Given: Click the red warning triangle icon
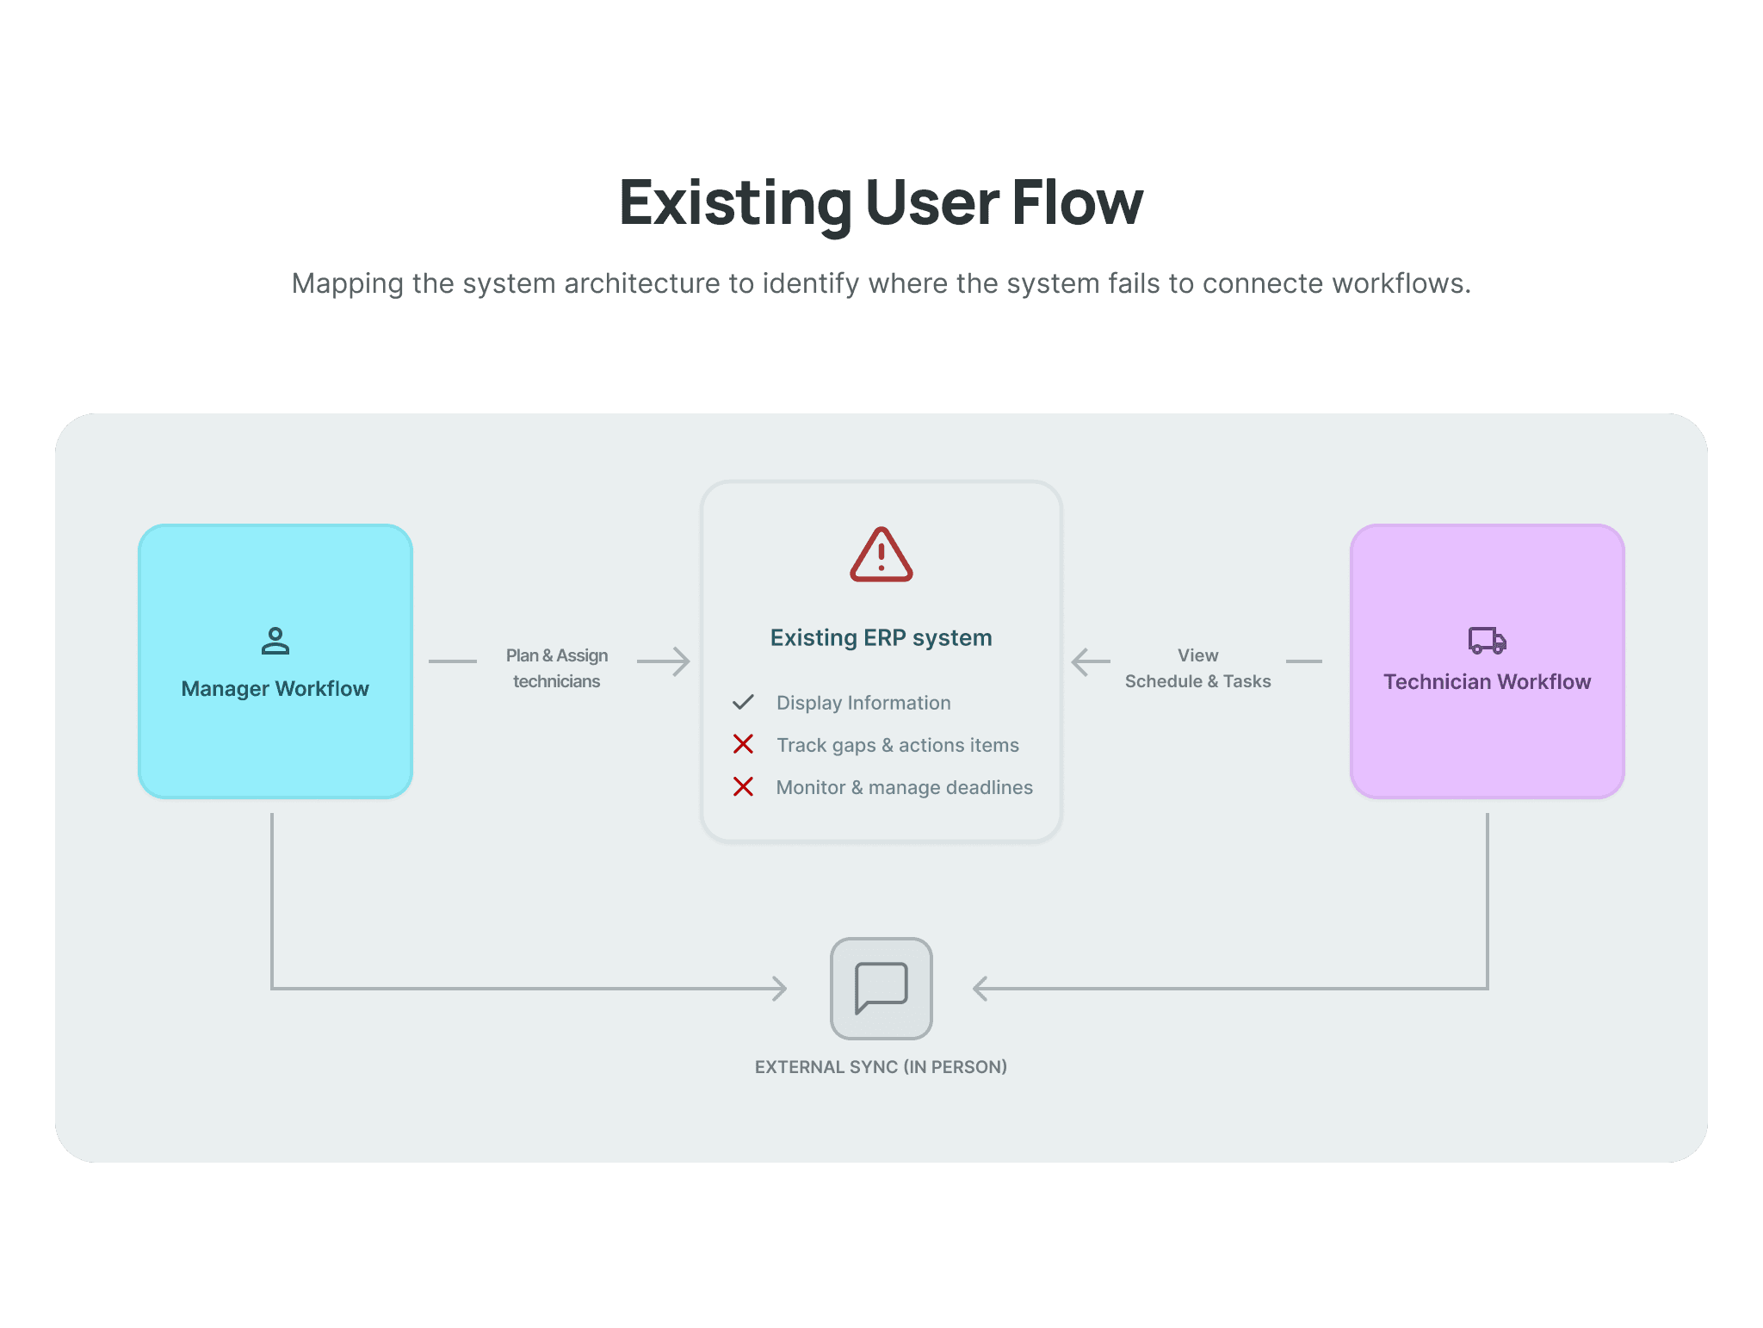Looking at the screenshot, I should (881, 555).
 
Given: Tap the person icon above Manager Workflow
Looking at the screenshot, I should (275, 641).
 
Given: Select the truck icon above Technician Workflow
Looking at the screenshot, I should (1487, 640).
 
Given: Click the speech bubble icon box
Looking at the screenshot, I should (881, 989).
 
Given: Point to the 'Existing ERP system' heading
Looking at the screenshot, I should (881, 637).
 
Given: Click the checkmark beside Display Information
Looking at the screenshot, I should (743, 703).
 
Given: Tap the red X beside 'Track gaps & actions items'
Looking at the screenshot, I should (743, 744).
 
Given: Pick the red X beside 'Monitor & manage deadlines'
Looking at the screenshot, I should (743, 786).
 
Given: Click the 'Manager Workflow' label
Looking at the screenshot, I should (275, 689).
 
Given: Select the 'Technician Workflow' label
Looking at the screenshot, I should (1487, 682).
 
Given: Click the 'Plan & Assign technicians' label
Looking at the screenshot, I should (557, 668).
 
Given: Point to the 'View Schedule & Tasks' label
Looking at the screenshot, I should (1197, 668).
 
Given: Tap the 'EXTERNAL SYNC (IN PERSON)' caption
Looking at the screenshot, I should (881, 1067).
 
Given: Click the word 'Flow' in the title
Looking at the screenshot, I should (1077, 203).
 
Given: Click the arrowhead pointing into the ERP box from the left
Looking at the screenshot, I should (681, 661).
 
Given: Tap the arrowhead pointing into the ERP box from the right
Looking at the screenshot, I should (1081, 661).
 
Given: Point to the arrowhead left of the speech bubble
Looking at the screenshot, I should (779, 989).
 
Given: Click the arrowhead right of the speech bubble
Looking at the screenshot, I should (980, 989).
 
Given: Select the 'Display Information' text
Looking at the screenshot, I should (863, 703).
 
